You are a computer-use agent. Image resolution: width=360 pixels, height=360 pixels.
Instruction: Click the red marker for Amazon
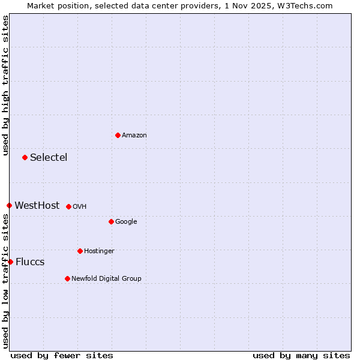pos(118,135)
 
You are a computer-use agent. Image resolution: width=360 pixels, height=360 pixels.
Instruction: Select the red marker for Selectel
pos(25,157)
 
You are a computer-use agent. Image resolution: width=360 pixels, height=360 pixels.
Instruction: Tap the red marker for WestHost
pos(9,205)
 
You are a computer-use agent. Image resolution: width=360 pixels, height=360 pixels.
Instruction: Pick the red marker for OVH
pos(68,206)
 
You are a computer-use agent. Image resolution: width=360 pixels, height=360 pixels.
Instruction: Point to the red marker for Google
pos(111,221)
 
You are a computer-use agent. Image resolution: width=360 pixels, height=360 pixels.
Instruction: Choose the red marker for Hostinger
pos(80,251)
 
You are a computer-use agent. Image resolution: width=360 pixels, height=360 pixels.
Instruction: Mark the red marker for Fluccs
pos(10,262)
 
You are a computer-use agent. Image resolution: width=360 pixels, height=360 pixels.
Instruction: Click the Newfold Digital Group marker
pos(67,278)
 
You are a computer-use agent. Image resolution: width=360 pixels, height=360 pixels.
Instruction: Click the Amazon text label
pos(134,136)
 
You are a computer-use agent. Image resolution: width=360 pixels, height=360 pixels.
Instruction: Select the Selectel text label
pos(49,158)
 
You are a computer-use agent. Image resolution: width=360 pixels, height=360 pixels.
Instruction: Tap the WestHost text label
pos(37,206)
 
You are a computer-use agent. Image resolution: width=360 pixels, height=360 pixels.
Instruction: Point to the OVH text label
pos(80,207)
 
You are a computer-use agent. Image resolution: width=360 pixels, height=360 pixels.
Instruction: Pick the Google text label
pos(126,222)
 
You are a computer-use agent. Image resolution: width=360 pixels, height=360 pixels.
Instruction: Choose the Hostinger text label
pos(99,251)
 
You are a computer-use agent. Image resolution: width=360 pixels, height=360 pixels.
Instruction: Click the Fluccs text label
pos(30,262)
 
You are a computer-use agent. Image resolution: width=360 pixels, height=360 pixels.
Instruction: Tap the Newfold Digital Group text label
pos(106,279)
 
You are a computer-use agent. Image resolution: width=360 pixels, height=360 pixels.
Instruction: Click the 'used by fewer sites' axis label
pos(62,355)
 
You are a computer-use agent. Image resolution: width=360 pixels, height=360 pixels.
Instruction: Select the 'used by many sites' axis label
pos(301,355)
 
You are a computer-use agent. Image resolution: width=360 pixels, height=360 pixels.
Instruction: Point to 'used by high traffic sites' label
pos(5,85)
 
